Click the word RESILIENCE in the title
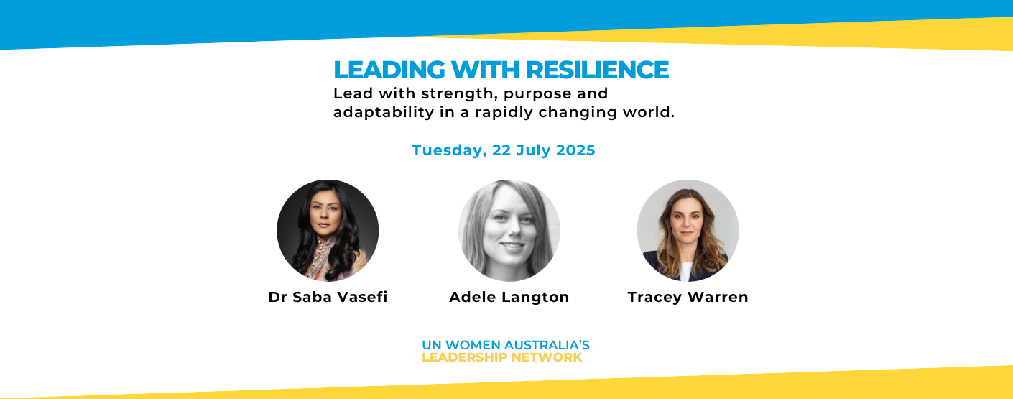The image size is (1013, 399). (x=598, y=70)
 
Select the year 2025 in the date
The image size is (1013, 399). (x=575, y=150)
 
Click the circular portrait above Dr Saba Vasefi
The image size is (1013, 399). (x=328, y=230)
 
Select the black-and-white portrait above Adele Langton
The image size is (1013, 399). (x=509, y=230)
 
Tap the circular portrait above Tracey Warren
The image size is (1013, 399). (x=688, y=230)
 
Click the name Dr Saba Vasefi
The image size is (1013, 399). (x=328, y=297)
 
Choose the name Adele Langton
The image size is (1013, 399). (x=509, y=297)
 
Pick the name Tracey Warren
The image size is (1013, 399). (x=688, y=297)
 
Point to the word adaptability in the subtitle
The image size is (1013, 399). (x=384, y=112)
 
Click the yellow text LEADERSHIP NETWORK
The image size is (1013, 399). (x=502, y=357)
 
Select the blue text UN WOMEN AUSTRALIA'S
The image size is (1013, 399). (x=506, y=345)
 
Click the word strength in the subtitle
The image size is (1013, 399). (x=460, y=94)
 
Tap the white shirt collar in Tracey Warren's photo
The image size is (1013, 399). (x=686, y=271)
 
